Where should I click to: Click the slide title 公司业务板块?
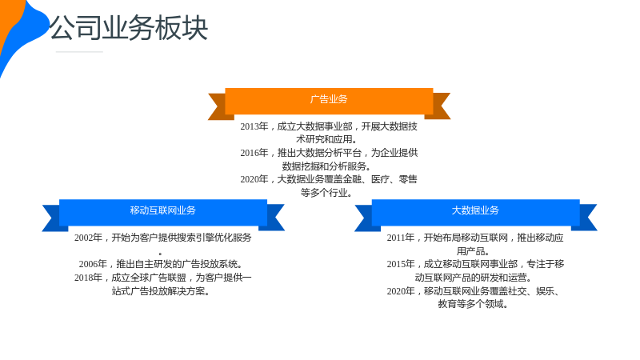(129, 28)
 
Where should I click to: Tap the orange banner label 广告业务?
(329, 99)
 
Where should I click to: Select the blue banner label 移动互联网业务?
(163, 210)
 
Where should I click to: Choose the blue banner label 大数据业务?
(475, 210)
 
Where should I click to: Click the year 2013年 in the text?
(254, 126)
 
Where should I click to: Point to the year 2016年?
(254, 153)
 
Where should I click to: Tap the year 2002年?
(88, 238)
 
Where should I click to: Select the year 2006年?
(93, 264)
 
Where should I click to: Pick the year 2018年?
(88, 278)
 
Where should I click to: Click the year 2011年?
(401, 238)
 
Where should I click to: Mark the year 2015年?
(401, 264)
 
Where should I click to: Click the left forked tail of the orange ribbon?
(219, 106)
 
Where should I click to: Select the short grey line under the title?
(79, 52)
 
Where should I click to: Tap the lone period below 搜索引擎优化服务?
(161, 254)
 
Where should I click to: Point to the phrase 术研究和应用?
(324, 139)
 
